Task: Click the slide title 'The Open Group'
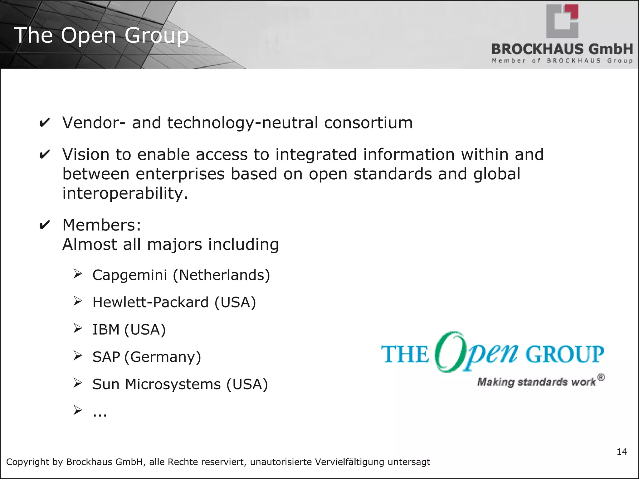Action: click(101, 35)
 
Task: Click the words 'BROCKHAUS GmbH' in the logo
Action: click(562, 49)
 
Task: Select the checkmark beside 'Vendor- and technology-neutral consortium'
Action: click(45, 123)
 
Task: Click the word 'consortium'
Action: click(368, 123)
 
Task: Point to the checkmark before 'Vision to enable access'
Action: click(45, 155)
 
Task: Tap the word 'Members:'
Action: click(102, 225)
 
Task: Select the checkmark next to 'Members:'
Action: click(45, 225)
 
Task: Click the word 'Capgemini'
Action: click(130, 275)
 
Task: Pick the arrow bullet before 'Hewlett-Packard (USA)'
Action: click(78, 301)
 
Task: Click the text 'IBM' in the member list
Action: click(106, 330)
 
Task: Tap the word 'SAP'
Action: click(106, 357)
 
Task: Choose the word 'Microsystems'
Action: click(173, 384)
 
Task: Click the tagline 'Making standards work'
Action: click(537, 382)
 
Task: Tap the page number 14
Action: click(622, 452)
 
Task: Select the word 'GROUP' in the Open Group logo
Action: click(565, 354)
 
